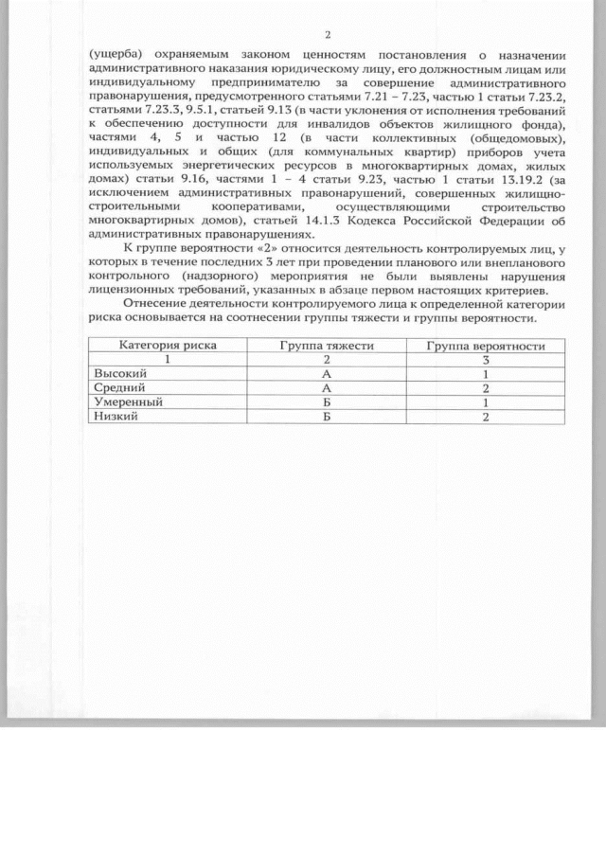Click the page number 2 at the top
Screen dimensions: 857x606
pos(328,35)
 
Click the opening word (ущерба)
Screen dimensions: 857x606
pos(113,56)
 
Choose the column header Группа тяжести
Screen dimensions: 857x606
pos(327,346)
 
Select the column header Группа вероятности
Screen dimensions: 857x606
pos(485,346)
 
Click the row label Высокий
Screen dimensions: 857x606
pos(118,374)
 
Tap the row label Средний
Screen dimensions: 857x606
pos(117,388)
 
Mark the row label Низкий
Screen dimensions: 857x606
pos(114,417)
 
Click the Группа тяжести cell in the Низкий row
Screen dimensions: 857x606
pos(327,417)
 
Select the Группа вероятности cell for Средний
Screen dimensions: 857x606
pos(485,388)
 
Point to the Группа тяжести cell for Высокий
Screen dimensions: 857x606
pos(327,374)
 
